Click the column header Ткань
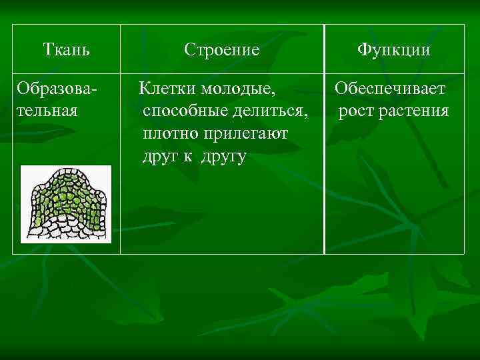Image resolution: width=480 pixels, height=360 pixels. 67,49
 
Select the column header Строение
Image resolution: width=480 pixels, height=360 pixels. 221,49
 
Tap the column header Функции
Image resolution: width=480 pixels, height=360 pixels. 393,49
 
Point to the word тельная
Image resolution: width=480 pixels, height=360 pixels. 47,110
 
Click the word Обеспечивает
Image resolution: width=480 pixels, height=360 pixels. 391,89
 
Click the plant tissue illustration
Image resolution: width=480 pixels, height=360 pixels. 65,204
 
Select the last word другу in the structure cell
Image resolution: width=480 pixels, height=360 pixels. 223,156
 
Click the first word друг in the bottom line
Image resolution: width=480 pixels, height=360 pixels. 159,156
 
